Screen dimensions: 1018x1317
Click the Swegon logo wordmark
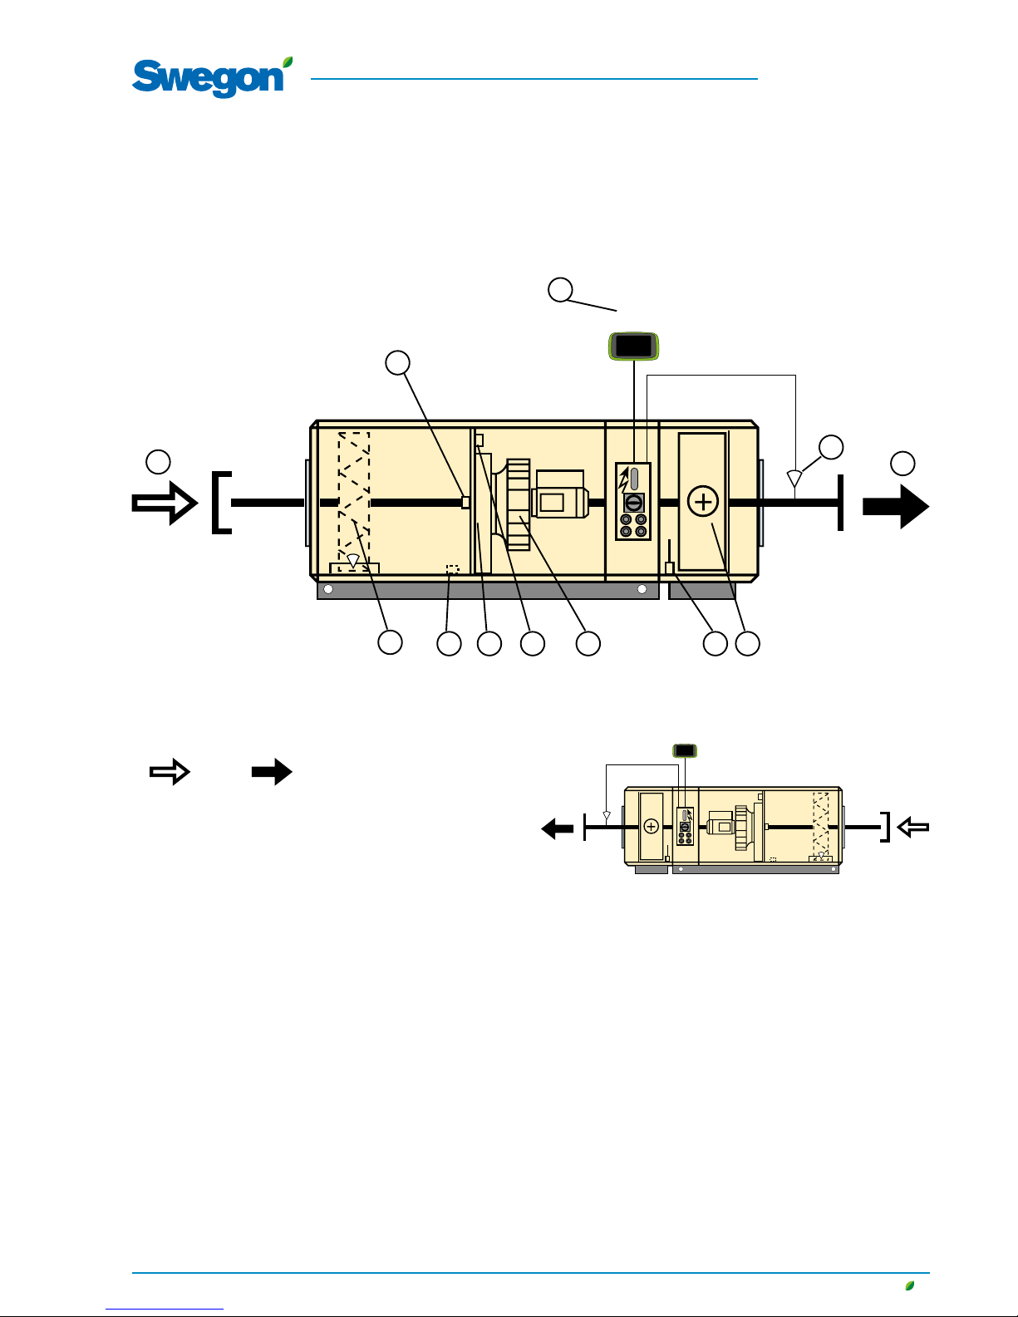coord(208,78)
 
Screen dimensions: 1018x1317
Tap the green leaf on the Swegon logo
coord(288,61)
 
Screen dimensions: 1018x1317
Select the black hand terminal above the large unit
coord(634,346)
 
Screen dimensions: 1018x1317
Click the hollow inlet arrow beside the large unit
coord(165,503)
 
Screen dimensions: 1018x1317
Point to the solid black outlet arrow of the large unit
coord(896,506)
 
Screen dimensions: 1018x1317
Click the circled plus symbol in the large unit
coord(703,502)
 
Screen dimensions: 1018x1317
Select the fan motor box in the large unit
coord(559,494)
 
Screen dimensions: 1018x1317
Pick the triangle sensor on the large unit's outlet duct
coord(794,479)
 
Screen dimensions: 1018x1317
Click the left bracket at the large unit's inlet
coord(221,503)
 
